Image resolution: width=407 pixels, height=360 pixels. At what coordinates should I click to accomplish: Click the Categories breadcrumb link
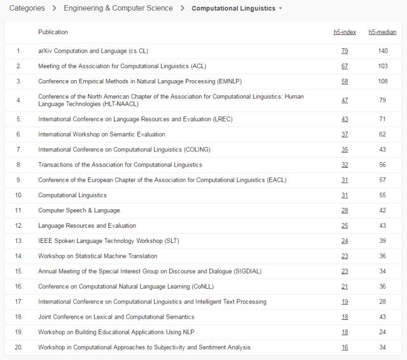pyautogui.click(x=27, y=8)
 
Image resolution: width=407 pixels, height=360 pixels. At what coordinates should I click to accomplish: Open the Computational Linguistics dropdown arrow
pyautogui.click(x=280, y=9)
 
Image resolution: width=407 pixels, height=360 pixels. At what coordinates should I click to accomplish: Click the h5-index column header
pyautogui.click(x=345, y=32)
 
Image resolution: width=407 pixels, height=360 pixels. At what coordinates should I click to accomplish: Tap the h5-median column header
pyautogui.click(x=382, y=32)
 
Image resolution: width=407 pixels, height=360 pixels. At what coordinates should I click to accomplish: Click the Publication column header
pyautogui.click(x=53, y=32)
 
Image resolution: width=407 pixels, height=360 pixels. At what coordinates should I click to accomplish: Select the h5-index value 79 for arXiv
pyautogui.click(x=345, y=51)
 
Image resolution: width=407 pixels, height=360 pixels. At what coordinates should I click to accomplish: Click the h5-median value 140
pyautogui.click(x=383, y=51)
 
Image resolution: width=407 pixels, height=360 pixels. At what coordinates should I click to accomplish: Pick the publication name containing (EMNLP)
pyautogui.click(x=140, y=81)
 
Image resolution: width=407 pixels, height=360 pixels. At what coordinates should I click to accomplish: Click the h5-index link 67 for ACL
pyautogui.click(x=345, y=66)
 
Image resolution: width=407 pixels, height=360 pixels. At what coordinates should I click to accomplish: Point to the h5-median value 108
pyautogui.click(x=383, y=81)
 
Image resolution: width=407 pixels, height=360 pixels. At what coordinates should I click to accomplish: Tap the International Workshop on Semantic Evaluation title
pyautogui.click(x=102, y=134)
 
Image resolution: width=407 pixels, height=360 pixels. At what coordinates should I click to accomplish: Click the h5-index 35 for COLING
pyautogui.click(x=345, y=149)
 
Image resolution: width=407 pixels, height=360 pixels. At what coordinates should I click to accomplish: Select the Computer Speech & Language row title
pyautogui.click(x=79, y=211)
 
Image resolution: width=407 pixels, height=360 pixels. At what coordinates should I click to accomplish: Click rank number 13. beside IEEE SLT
pyautogui.click(x=19, y=241)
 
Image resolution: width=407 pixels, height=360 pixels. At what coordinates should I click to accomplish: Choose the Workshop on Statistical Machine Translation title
pyautogui.click(x=98, y=256)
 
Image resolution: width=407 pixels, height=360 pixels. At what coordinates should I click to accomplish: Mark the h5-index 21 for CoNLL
pyautogui.click(x=345, y=287)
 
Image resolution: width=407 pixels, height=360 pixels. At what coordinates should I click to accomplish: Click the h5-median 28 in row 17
pyautogui.click(x=383, y=302)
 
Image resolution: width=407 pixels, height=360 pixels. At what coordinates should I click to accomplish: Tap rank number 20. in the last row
pyautogui.click(x=19, y=347)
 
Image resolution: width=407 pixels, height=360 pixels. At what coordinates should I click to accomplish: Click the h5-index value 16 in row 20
pyautogui.click(x=345, y=347)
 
